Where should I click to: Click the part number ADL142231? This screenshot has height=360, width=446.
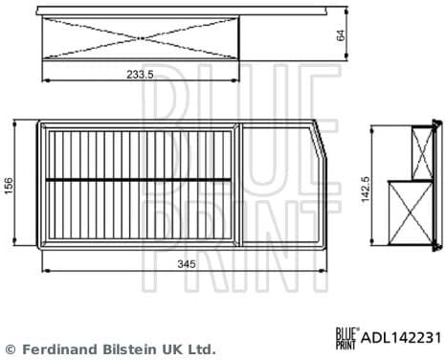[400, 337]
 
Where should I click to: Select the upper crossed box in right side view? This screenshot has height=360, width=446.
[422, 151]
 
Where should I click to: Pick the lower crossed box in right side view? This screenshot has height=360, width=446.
[411, 209]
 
